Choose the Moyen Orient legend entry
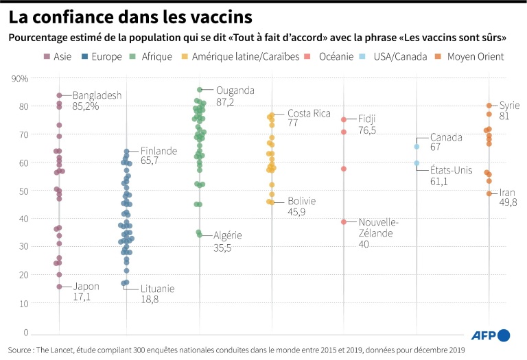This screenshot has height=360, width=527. [479, 56]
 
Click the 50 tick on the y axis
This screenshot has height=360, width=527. [23, 191]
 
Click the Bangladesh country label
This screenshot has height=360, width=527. [97, 95]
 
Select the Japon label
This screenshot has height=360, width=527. [86, 287]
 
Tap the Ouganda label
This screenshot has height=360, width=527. [235, 91]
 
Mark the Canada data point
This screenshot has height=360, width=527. [417, 146]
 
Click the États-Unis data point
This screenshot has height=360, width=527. [417, 163]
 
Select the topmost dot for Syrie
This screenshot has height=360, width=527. [489, 106]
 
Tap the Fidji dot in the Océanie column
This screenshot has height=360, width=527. [344, 119]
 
